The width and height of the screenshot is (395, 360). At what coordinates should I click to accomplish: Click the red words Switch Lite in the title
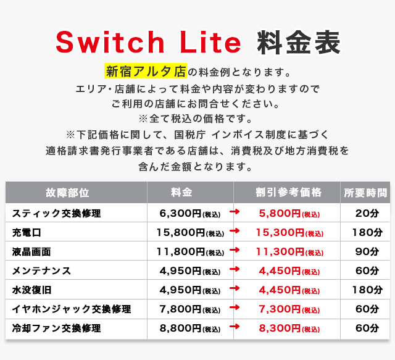point(148,42)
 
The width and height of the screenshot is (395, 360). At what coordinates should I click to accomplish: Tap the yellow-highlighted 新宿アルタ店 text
point(146,71)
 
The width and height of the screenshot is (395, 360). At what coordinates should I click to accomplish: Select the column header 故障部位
point(67,193)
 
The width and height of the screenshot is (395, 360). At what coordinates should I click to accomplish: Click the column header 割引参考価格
point(288,193)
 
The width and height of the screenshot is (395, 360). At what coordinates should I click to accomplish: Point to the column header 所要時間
point(365,193)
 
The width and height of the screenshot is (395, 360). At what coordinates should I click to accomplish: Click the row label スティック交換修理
point(56,214)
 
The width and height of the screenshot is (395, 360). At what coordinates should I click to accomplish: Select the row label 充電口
point(27,233)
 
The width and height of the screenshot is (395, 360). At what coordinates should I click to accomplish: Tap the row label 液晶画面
point(31,252)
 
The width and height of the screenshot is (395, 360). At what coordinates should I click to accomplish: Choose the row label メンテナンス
point(41,271)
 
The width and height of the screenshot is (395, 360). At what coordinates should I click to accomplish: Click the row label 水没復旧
point(31,290)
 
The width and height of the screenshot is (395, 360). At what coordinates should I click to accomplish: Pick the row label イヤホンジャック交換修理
point(72,309)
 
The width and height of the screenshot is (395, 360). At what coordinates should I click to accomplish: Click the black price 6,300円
point(180,214)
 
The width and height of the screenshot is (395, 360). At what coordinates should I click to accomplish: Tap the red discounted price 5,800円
point(280,214)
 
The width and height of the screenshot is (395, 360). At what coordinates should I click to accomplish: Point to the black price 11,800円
point(181,252)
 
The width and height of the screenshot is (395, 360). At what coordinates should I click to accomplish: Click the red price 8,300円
point(280,329)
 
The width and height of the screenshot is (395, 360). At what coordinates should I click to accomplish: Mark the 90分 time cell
point(367,252)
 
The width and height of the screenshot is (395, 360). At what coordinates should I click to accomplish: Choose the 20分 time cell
point(367,214)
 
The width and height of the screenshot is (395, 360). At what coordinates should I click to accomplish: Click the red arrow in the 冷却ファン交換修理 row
point(235,327)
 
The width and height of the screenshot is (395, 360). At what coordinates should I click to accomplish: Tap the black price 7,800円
point(180,309)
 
